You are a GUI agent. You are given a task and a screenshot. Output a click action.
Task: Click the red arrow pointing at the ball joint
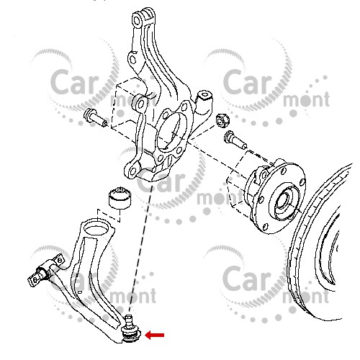155,335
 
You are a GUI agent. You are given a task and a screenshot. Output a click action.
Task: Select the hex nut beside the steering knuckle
222,120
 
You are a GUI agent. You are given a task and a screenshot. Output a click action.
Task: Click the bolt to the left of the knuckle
95,118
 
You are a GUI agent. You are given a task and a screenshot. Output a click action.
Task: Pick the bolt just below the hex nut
235,140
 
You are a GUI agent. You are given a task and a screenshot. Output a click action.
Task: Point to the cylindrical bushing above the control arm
120,197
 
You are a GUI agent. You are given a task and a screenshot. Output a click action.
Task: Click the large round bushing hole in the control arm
96,228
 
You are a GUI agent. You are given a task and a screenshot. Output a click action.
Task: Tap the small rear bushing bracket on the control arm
45,271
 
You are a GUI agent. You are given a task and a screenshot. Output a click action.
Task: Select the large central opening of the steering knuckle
171,131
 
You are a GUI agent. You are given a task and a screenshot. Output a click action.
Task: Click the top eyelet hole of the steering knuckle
137,21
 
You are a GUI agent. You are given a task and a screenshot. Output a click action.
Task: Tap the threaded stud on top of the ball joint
129,320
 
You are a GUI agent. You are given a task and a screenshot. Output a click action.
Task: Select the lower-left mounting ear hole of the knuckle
132,171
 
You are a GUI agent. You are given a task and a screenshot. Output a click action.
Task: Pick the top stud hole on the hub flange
284,171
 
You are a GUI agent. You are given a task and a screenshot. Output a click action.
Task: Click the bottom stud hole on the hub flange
265,226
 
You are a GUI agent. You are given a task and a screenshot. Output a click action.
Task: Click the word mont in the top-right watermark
306,99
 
